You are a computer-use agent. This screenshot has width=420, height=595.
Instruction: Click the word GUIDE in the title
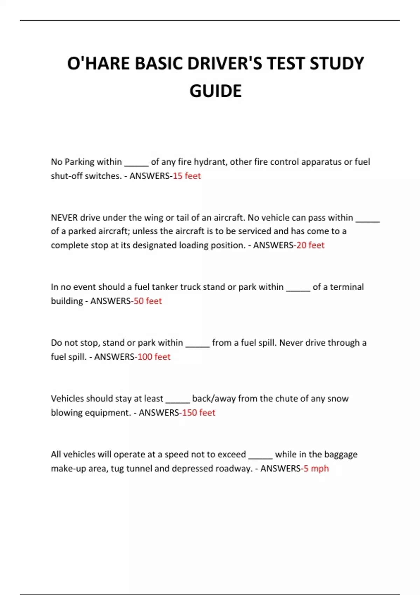(216, 91)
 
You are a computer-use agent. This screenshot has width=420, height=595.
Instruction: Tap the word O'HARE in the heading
(98, 64)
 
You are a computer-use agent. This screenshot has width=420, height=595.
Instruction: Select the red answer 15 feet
(187, 176)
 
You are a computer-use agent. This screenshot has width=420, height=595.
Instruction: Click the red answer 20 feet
(310, 245)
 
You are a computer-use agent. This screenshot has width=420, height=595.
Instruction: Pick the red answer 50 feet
(148, 301)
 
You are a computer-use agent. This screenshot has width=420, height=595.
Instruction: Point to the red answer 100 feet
(154, 357)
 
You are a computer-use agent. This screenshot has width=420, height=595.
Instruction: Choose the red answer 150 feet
(198, 413)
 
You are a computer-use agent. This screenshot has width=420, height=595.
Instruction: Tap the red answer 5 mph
(316, 468)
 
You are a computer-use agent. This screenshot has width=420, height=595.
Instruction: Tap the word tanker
(165, 287)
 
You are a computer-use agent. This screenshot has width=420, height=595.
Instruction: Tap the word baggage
(341, 455)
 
